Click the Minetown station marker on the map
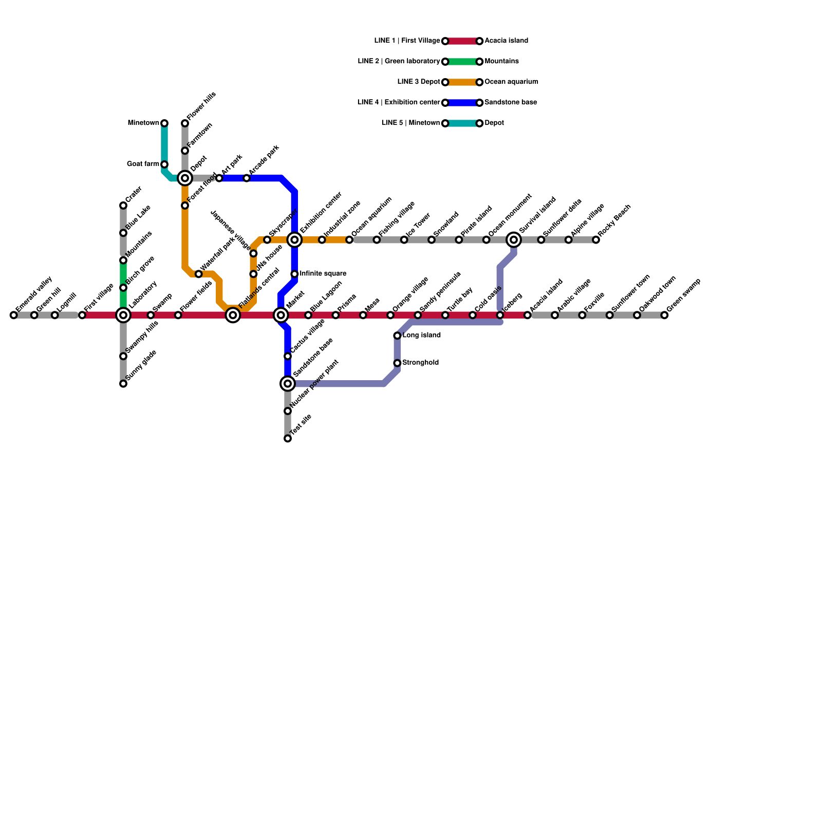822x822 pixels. tap(164, 123)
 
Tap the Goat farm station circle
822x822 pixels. tap(164, 164)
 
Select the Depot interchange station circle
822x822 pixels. tap(185, 178)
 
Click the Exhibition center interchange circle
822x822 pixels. tap(294, 240)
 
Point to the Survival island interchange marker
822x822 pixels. tap(514, 240)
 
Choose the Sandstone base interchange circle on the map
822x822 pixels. tap(288, 383)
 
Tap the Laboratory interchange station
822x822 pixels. tap(123, 315)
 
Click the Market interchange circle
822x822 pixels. tap(281, 315)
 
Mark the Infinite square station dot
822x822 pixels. tap(294, 274)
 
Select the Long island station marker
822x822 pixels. tap(397, 335)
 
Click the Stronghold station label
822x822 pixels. tap(420, 363)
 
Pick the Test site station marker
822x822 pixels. tap(288, 439)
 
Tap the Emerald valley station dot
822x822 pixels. tap(14, 315)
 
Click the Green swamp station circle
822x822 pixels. tap(664, 315)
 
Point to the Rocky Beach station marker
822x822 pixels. tap(596, 240)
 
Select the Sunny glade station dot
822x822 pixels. tap(123, 384)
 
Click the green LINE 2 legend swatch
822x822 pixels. tap(462, 62)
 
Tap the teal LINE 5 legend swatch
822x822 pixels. tap(462, 123)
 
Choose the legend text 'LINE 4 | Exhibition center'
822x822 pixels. tap(399, 103)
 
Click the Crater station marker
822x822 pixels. tap(123, 206)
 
